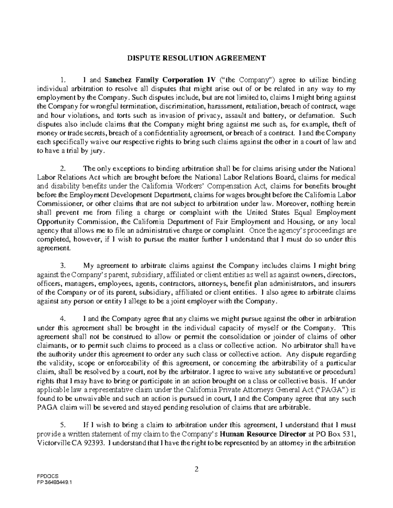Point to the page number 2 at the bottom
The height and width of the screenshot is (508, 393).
point(196,470)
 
